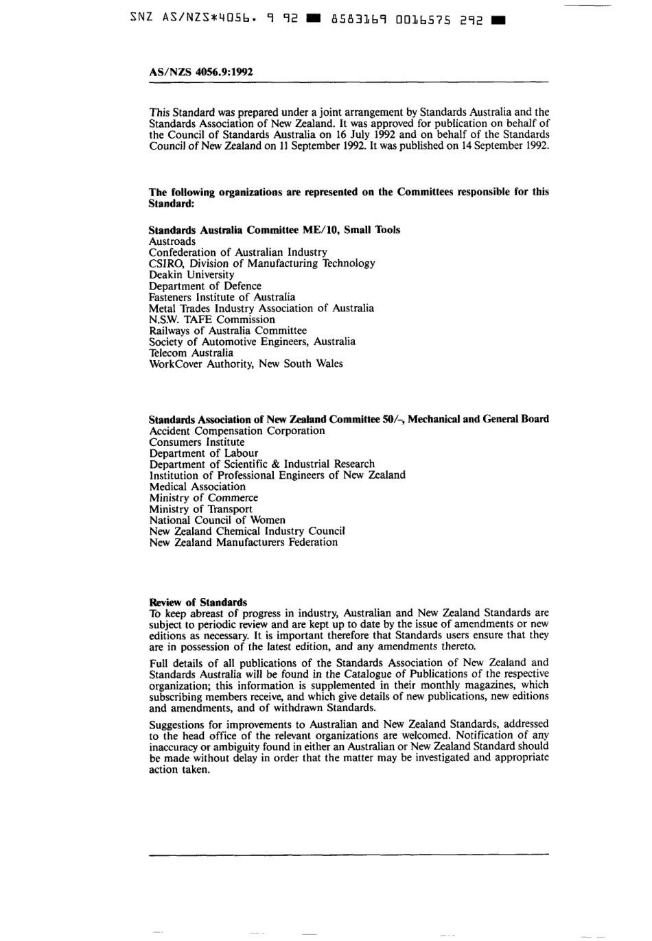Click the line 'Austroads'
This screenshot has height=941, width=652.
[x=172, y=241]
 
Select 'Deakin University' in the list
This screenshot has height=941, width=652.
[x=191, y=274]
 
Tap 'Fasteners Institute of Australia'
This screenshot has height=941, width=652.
[x=222, y=297]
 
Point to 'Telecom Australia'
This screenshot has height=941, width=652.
[x=191, y=353]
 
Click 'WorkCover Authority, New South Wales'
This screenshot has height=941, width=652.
[x=246, y=364]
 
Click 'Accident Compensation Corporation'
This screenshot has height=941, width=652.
[x=237, y=431]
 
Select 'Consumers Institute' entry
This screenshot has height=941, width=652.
[x=196, y=442]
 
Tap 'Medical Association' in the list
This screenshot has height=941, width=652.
[x=197, y=486]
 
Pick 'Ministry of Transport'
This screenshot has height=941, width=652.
[x=200, y=509]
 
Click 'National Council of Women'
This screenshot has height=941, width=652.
[x=217, y=520]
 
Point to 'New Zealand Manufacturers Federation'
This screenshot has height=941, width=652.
[x=243, y=543]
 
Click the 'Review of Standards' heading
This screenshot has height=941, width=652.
[x=198, y=602]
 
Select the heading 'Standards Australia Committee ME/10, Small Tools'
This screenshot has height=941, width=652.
[x=274, y=230]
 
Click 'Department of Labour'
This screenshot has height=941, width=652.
[x=203, y=453]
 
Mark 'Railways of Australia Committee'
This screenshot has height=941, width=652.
[x=227, y=331]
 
